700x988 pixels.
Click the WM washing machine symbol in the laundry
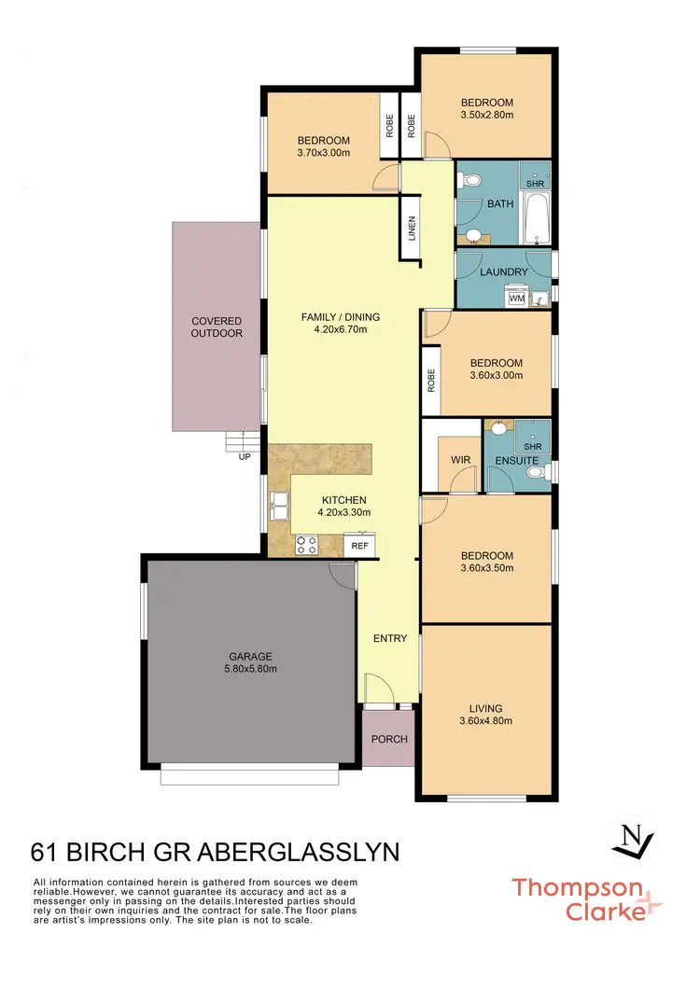click(516, 299)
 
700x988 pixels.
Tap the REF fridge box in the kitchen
click(357, 545)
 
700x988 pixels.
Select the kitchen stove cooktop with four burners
click(307, 544)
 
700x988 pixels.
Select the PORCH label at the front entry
click(389, 739)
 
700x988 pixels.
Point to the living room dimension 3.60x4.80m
click(485, 720)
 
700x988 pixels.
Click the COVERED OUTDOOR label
click(217, 327)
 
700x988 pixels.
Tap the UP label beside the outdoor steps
click(245, 457)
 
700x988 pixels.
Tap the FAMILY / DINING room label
click(340, 317)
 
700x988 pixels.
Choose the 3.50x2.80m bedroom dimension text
click(486, 115)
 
